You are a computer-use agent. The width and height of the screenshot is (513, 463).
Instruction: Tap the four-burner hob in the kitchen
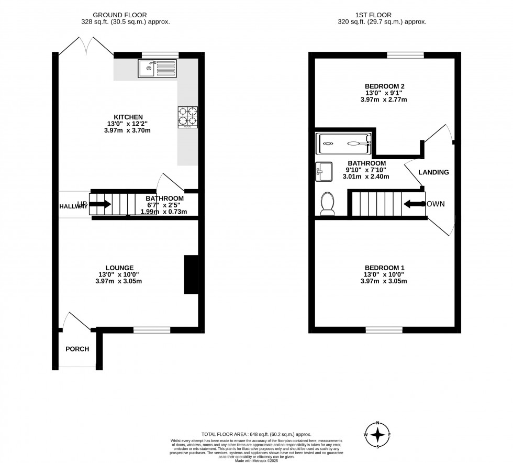[x=189, y=117]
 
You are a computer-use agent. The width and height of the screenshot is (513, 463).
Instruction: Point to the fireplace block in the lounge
[x=191, y=274]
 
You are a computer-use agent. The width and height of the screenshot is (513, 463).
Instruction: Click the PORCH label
[x=77, y=349]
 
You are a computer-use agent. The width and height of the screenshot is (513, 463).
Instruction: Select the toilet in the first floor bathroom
[x=328, y=203]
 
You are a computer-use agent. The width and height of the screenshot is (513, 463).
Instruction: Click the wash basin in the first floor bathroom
[x=324, y=171]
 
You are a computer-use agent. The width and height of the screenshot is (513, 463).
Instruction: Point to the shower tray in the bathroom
[x=343, y=142]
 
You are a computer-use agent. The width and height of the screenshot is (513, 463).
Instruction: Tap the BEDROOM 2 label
[x=384, y=86]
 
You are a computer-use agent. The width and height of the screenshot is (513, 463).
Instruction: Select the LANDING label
[x=433, y=172]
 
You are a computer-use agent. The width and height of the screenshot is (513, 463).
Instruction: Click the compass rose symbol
[x=377, y=434]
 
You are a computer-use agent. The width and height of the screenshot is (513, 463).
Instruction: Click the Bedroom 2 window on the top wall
[x=405, y=54]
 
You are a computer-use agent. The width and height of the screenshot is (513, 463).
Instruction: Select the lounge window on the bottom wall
[x=152, y=330]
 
